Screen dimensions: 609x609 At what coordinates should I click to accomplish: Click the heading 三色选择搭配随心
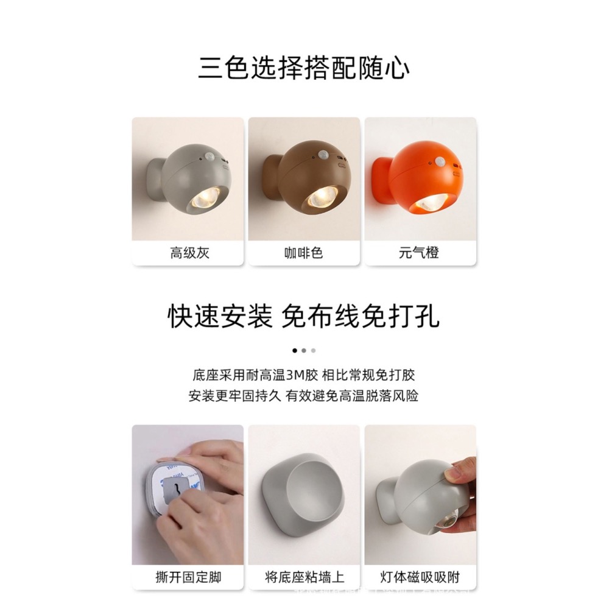pos(304,68)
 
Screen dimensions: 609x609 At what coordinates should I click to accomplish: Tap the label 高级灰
pos(189,253)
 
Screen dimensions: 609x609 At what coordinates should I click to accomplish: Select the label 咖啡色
pos(303,253)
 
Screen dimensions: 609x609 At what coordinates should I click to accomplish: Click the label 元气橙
pos(419,253)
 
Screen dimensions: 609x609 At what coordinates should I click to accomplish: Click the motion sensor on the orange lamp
pos(439,161)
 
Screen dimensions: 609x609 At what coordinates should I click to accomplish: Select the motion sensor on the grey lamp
pos(210,157)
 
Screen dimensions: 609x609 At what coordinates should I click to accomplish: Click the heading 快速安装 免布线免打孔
pos(304,317)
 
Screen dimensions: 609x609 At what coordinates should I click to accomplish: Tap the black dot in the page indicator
pos(295,351)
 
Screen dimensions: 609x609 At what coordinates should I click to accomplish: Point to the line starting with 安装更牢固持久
pos(304,396)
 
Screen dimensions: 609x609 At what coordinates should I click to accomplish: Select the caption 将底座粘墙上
pos(303,576)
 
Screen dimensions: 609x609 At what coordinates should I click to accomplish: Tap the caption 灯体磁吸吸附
pos(419,576)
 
